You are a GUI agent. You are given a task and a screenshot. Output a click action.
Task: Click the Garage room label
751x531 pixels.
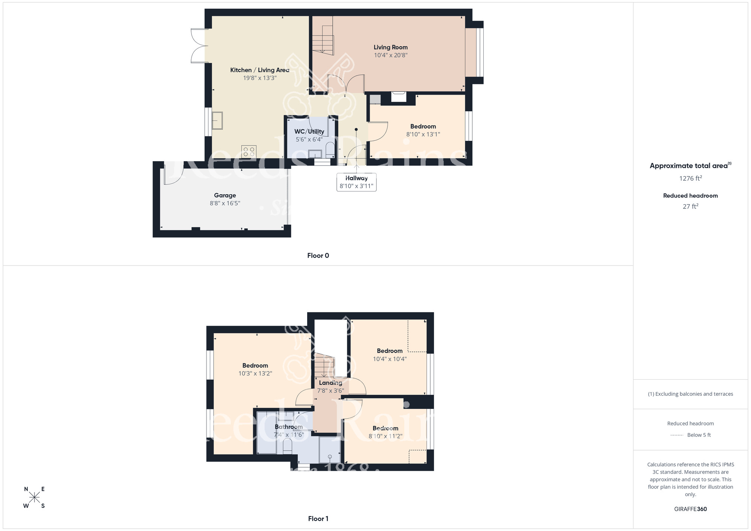(x=225, y=195)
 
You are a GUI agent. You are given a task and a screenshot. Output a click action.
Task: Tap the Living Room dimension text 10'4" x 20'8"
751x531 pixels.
(x=391, y=55)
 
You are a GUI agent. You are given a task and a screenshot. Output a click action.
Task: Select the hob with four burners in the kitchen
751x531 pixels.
(x=249, y=151)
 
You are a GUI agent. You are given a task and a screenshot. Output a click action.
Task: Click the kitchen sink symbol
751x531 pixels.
(x=217, y=121)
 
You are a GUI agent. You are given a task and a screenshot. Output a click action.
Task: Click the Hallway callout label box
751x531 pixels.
(x=356, y=182)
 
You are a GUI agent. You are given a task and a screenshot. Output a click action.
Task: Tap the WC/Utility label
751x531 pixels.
(x=309, y=131)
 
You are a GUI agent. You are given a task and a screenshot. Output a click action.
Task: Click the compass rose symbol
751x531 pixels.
(x=34, y=498)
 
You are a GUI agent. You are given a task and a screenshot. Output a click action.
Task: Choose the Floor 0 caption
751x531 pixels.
(x=318, y=256)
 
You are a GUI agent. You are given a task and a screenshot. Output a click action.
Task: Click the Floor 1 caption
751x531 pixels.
(x=318, y=519)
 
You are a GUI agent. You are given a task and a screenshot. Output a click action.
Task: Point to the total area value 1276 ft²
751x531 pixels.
(x=690, y=178)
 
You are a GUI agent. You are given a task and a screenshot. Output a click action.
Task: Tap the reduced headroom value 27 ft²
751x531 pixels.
(x=690, y=207)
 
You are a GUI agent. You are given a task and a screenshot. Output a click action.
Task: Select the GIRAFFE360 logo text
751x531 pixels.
(x=690, y=509)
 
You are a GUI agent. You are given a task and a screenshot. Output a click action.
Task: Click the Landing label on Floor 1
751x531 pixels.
(x=330, y=383)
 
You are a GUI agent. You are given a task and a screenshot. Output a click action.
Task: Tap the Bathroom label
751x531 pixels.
(x=288, y=427)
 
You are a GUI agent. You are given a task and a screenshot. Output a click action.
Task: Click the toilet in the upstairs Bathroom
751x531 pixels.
(x=288, y=446)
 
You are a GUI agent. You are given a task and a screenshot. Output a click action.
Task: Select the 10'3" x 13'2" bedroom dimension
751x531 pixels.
(x=255, y=374)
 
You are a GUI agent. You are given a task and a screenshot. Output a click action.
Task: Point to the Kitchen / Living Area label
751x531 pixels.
(x=259, y=70)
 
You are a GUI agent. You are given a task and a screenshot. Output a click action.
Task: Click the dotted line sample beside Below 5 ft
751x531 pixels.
(x=676, y=435)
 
